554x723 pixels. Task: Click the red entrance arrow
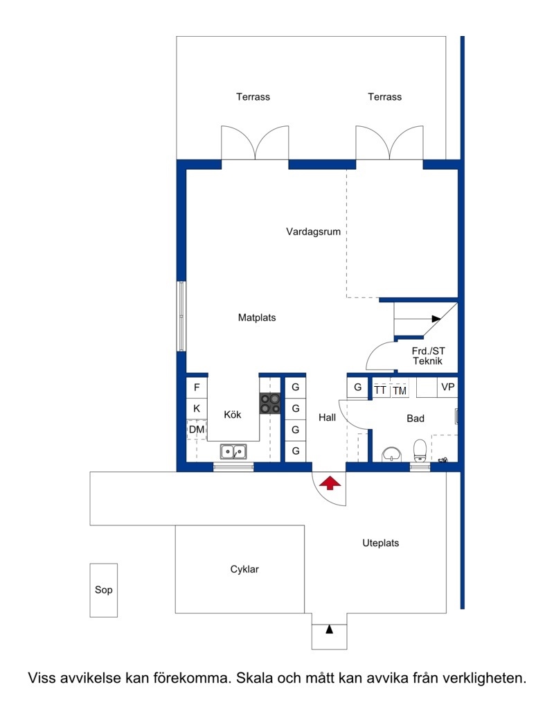330,484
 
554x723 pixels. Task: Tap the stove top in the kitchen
270,403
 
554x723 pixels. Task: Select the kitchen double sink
233,451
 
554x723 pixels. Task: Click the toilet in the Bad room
420,451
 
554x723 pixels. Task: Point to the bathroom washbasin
392,454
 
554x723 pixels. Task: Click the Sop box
104,590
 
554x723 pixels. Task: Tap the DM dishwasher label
197,430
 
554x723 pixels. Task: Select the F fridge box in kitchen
197,387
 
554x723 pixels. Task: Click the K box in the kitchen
197,408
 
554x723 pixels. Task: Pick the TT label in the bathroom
380,390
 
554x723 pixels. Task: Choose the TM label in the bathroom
400,391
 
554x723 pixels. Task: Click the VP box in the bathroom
447,387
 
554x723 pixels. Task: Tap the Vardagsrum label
313,232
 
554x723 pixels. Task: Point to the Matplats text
257,317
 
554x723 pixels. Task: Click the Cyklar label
244,569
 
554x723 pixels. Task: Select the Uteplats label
380,543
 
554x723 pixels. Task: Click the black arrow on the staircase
436,319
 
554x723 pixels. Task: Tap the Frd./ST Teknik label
428,356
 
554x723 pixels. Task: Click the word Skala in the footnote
254,678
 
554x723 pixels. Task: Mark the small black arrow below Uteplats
329,629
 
